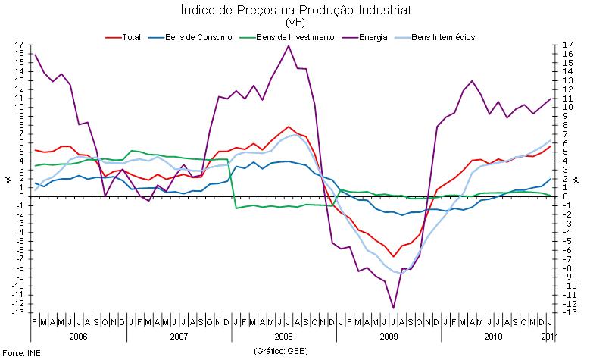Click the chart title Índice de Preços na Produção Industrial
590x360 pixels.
click(x=295, y=11)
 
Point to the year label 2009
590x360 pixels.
click(x=389, y=335)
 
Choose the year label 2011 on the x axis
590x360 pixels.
click(x=551, y=335)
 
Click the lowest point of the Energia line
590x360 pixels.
click(x=394, y=308)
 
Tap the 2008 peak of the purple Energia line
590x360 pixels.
click(x=289, y=46)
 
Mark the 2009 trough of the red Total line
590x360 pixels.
click(x=394, y=256)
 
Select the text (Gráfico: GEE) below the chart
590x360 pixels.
click(x=280, y=352)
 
